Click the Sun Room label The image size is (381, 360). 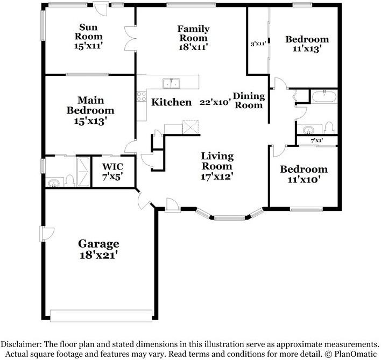click(88, 32)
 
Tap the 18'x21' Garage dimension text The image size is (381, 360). click(99, 255)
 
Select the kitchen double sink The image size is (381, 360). click(171, 83)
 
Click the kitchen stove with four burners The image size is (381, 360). click(142, 96)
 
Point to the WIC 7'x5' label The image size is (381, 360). click(112, 172)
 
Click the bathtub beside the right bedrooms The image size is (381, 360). click(324, 96)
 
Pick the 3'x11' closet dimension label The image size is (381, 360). click(258, 44)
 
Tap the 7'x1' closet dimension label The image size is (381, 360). click(317, 140)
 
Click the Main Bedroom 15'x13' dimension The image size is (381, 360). click(90, 121)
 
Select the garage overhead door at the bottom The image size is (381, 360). click(101, 315)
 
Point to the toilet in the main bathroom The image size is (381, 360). click(70, 181)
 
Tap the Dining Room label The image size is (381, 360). click(249, 101)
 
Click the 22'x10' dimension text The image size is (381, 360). click(215, 102)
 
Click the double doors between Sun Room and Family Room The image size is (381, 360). click(130, 38)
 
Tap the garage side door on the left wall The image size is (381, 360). click(47, 234)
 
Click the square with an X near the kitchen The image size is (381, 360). click(190, 127)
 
